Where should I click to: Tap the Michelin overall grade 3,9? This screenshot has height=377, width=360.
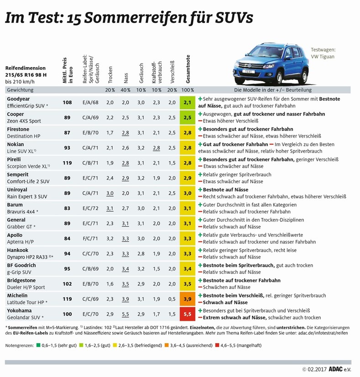187,298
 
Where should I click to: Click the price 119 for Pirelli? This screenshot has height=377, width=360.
67,163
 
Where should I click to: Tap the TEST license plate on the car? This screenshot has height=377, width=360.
248,72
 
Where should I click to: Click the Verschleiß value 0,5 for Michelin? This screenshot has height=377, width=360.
172,298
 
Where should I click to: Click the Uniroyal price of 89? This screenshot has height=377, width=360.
67,193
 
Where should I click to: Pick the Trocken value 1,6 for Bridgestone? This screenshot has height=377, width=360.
110,283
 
